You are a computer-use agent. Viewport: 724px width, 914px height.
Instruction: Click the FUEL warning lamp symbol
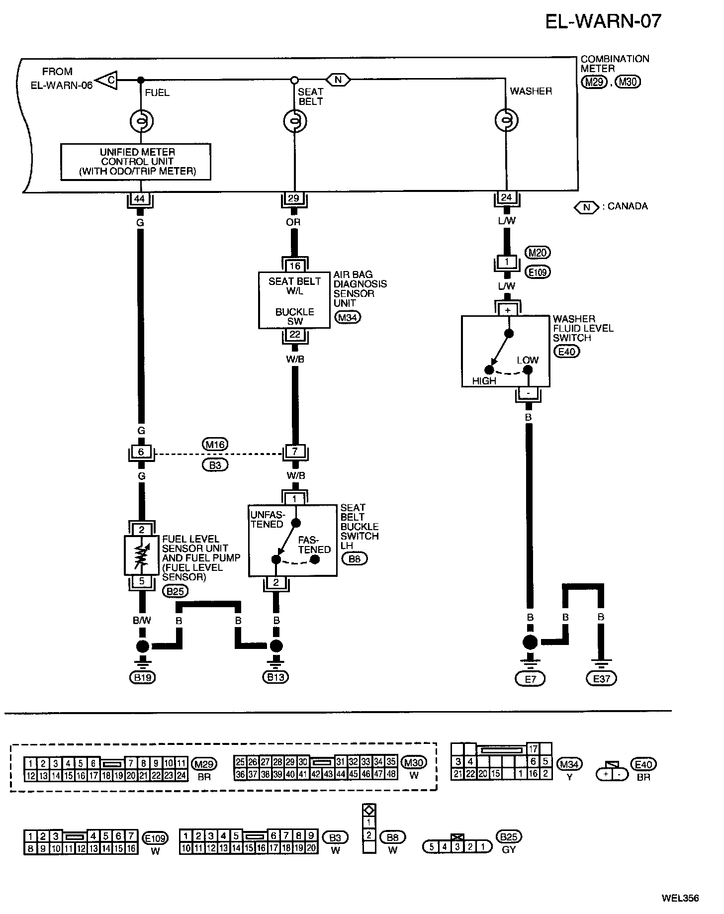coord(141,121)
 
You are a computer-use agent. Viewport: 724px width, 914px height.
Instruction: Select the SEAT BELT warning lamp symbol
coord(295,121)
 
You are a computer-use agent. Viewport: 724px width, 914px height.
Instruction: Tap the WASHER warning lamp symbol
coord(507,120)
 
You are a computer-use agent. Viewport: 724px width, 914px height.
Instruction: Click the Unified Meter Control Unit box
coord(136,162)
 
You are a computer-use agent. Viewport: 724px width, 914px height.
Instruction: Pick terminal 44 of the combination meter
coord(140,198)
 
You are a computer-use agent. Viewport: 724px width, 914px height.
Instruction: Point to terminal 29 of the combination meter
coord(293,198)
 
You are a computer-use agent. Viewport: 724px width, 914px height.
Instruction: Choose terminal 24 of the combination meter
coord(506,197)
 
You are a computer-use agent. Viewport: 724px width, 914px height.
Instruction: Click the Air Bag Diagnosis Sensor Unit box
coord(294,300)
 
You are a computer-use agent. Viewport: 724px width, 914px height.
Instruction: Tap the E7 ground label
coord(531,678)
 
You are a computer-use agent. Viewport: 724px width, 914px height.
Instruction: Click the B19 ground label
coord(143,677)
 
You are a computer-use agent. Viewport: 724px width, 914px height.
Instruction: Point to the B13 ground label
coord(276,677)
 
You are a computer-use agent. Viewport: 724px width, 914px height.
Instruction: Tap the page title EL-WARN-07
coord(604,21)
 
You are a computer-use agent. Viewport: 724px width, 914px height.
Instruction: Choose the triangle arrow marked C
coord(106,80)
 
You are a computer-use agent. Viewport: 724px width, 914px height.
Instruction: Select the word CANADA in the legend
coord(628,206)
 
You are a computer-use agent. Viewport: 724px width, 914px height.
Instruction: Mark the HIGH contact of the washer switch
coord(489,370)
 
